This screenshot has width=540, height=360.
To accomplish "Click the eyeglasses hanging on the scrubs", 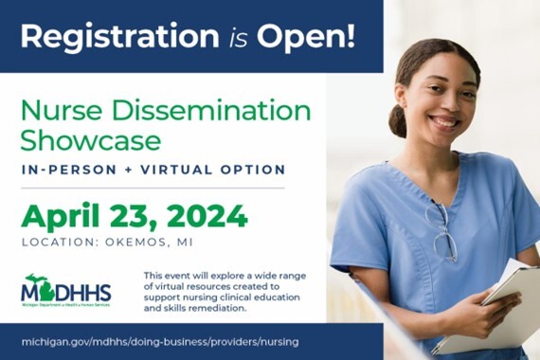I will click(x=442, y=232).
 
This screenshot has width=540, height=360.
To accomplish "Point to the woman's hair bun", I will click(x=397, y=121).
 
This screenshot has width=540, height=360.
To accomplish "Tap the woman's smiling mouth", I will click(x=445, y=121).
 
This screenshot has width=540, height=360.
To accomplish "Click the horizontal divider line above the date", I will click(x=153, y=188).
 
